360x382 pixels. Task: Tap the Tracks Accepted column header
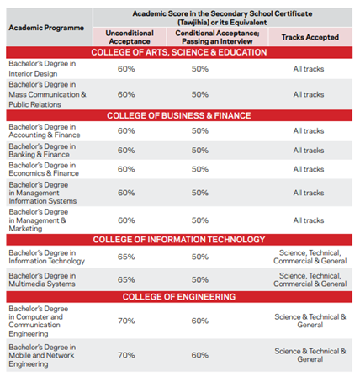coord(308,36)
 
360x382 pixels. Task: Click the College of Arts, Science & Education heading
coord(179,52)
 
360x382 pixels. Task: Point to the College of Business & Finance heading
coord(179,115)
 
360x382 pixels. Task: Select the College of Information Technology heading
coord(179,239)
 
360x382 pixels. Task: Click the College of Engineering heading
coord(179,297)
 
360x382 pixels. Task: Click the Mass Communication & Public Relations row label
coord(46,94)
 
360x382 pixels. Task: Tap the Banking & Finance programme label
coord(41,150)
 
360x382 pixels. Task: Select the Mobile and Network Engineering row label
coord(43,355)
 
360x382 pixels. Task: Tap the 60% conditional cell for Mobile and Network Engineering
coord(200,355)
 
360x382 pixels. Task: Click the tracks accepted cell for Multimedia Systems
coord(308,279)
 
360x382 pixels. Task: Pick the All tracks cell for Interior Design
coord(308,68)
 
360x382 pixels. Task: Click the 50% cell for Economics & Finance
coord(200,169)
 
